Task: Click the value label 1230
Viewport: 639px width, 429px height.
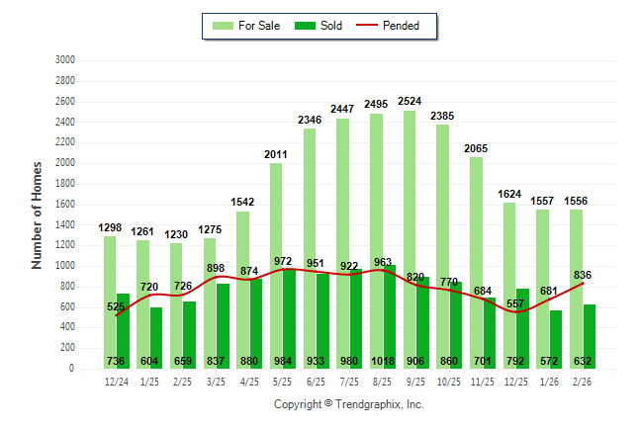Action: tap(176, 233)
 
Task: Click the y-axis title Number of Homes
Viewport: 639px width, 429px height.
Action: tap(38, 214)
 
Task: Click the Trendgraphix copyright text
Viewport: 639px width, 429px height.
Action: tap(348, 405)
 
